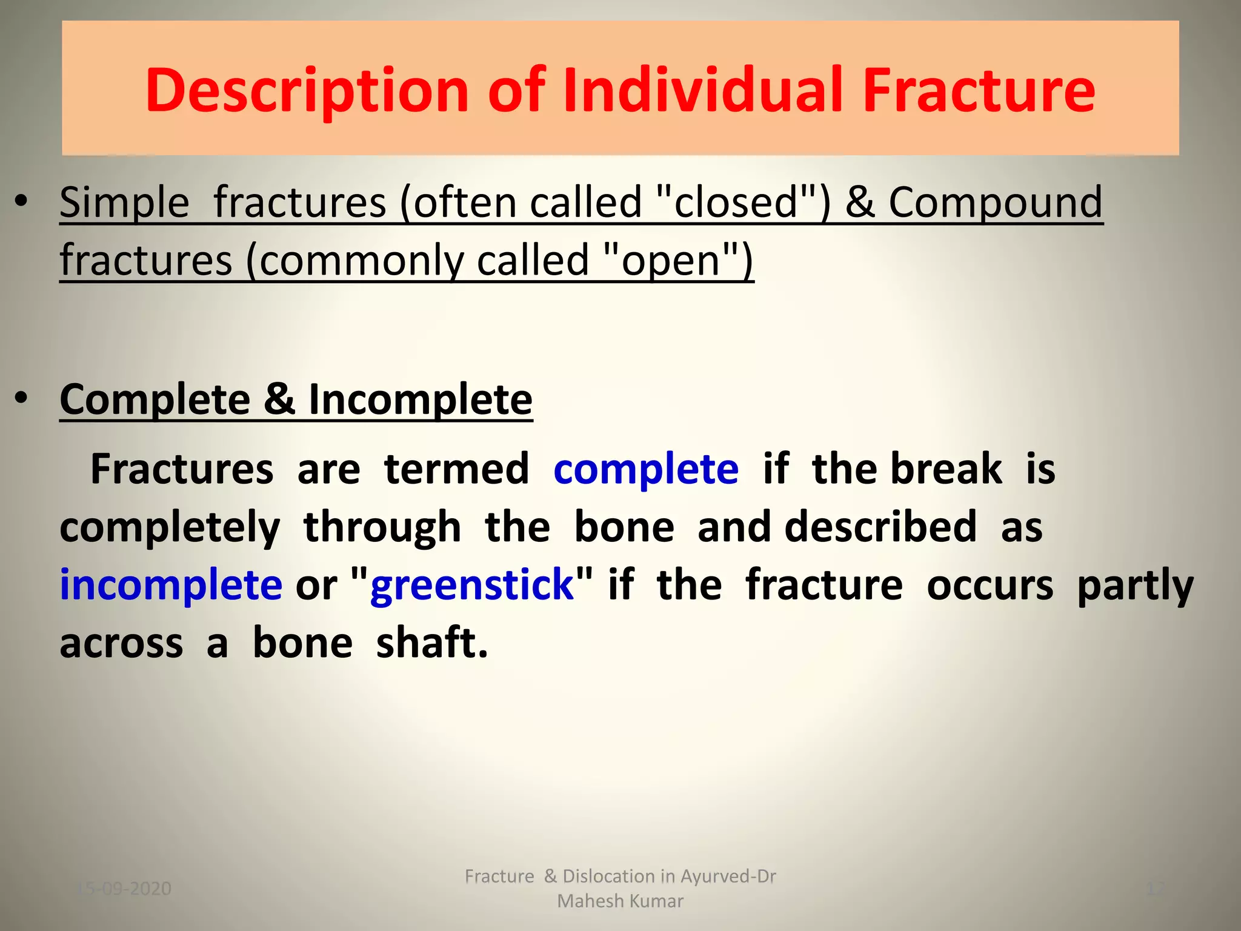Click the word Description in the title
[x=307, y=91]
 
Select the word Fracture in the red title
[x=978, y=91]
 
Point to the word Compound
[x=995, y=203]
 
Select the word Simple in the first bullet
[x=124, y=203]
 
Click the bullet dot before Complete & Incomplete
[x=22, y=398]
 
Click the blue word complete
[x=646, y=470]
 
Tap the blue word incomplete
[x=170, y=585]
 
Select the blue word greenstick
[x=471, y=586]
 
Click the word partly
[x=1135, y=586]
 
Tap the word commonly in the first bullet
[x=361, y=261]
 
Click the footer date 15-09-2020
[x=124, y=889]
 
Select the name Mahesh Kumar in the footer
[x=620, y=901]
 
